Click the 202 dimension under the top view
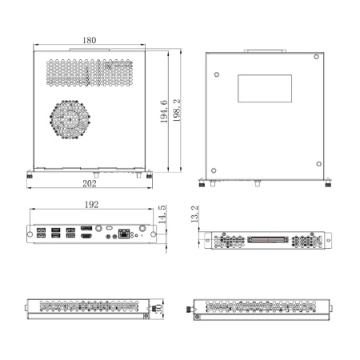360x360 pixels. point(90,183)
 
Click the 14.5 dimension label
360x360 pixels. point(162,218)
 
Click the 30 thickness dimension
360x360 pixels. point(159,308)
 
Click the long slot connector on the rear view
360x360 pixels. point(265,239)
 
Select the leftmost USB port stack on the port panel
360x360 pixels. point(41,234)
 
